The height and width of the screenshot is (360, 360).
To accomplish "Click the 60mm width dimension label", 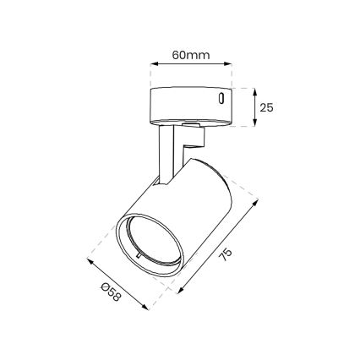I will (190, 55).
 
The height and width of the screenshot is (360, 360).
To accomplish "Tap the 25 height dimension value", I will (267, 107).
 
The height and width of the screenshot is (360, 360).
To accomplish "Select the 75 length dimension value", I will (226, 256).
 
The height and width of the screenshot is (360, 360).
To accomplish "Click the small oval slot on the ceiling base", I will (221, 99).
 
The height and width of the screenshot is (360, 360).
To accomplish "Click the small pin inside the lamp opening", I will (136, 251).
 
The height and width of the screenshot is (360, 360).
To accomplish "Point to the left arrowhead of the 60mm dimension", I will (151, 64).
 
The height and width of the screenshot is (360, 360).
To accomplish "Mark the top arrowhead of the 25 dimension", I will (255, 90).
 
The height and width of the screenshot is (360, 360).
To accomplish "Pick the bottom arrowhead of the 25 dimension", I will (255, 125).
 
